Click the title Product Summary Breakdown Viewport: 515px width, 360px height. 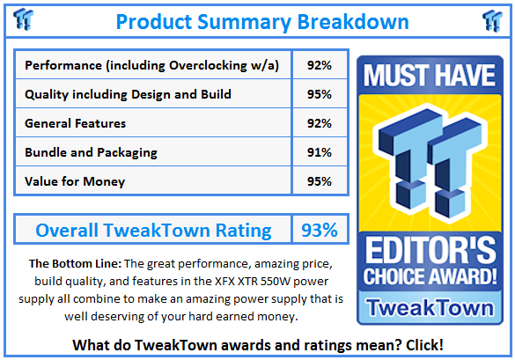(261, 20)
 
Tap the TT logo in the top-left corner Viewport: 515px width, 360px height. (26, 19)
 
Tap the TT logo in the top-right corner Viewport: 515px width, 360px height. (491, 19)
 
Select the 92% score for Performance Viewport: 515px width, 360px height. (320, 65)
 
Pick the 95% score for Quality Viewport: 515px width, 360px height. (320, 94)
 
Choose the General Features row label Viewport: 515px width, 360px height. (76, 123)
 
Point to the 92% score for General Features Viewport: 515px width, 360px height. (320, 123)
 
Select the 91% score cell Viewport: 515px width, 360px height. (320, 152)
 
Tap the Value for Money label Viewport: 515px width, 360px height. (75, 181)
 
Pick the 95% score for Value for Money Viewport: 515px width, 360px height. (320, 181)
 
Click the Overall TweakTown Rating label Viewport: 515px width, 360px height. (153, 231)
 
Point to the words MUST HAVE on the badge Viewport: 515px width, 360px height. (429, 75)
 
